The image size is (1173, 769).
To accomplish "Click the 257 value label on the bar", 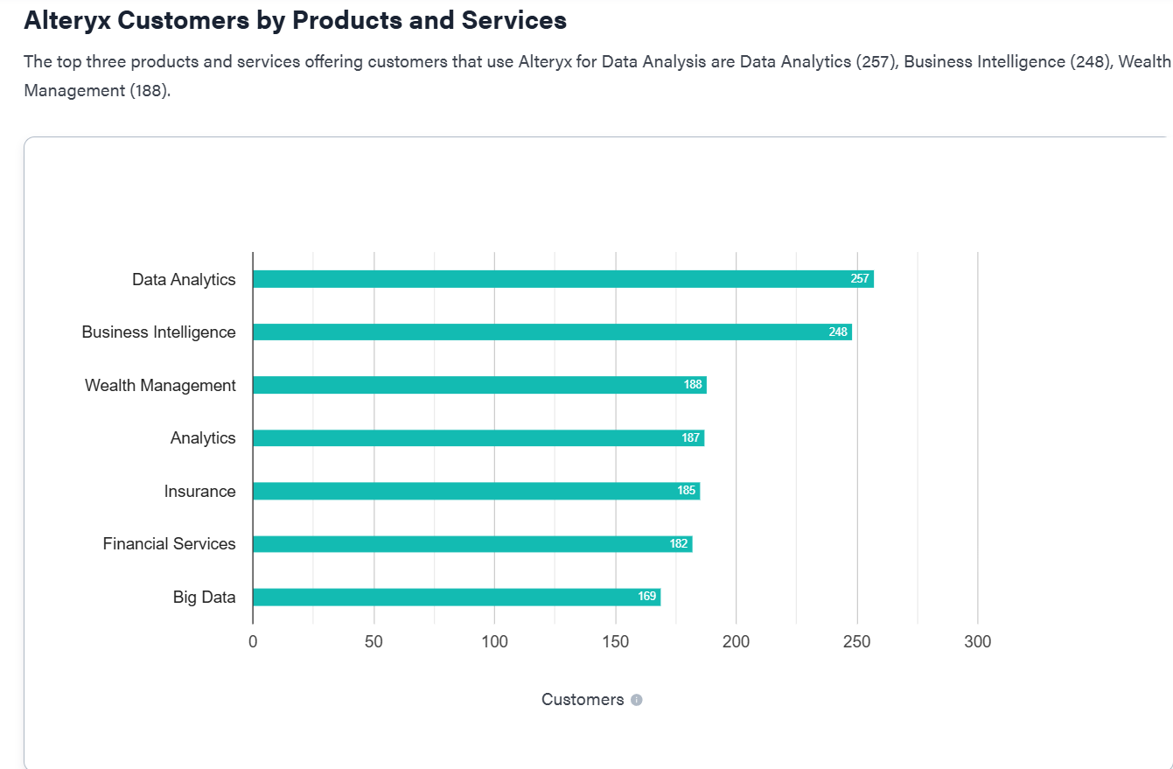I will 860,279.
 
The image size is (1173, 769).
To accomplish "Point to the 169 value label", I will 646,597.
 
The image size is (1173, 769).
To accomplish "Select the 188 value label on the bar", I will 693,385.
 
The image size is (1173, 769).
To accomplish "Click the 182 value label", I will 679,544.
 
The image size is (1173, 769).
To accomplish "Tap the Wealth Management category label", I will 160,386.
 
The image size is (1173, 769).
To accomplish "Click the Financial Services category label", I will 169,544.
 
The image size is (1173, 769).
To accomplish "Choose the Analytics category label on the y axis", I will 203,438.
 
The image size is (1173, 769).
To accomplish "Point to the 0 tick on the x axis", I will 253,642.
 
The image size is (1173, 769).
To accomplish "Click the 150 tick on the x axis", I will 616,642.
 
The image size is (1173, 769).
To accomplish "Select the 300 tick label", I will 977,642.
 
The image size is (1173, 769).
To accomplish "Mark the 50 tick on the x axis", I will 374,642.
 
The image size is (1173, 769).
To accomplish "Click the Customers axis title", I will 583,700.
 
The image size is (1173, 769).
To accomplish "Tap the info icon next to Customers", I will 637,700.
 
